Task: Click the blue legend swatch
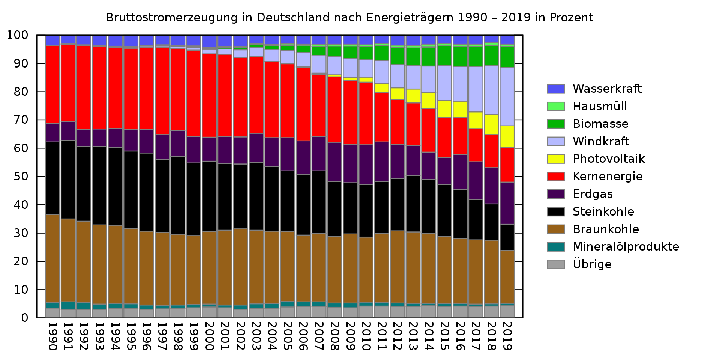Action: pos(555,89)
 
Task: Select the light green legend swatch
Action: pos(555,106)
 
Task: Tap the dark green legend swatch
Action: pos(555,124)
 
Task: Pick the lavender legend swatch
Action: pos(555,141)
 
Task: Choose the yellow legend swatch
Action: pos(555,159)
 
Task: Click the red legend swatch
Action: pos(555,177)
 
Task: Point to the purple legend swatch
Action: pos(555,194)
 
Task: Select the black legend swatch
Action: pos(555,212)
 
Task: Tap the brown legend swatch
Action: pos(555,229)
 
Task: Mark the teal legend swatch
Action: pos(555,247)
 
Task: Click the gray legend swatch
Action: pos(555,264)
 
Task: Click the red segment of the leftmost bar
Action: pos(52,84)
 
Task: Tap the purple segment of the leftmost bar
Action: pos(52,133)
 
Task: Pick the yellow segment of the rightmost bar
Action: pos(507,137)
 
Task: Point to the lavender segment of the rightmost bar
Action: pos(507,97)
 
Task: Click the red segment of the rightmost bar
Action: pos(507,165)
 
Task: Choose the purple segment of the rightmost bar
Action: pos(507,203)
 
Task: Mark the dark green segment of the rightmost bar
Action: pos(507,57)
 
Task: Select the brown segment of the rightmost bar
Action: pos(507,277)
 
